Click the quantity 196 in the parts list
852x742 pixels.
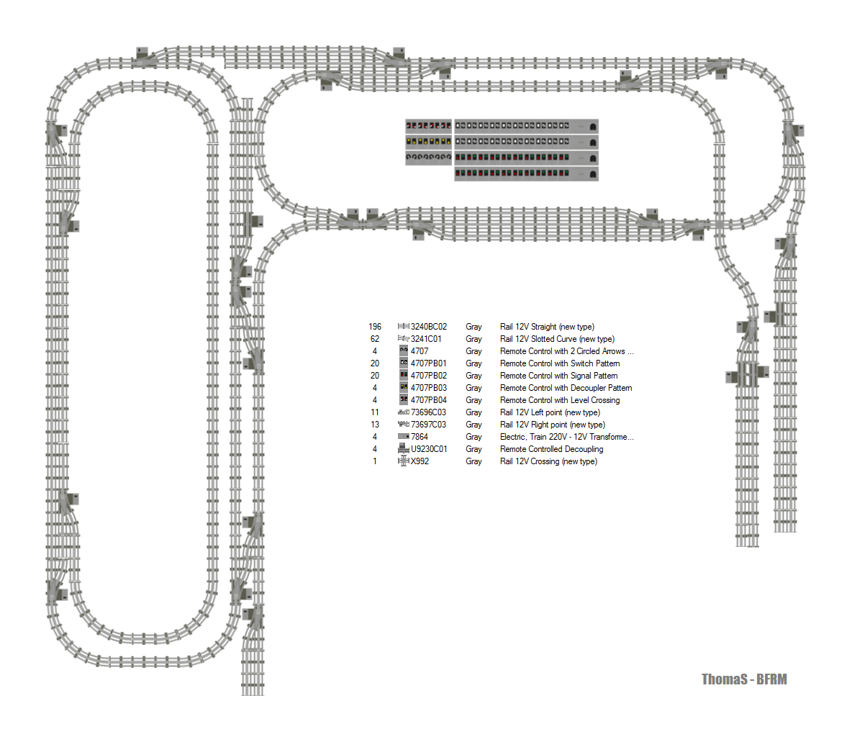point(375,327)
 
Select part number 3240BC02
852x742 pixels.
point(428,327)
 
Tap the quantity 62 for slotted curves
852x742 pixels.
point(375,339)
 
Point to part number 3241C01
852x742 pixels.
point(426,339)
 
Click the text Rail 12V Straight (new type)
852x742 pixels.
point(547,327)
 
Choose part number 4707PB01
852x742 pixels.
point(428,363)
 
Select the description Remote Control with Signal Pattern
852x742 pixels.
point(558,376)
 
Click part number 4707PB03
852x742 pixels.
point(428,388)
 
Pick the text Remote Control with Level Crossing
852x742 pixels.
point(559,400)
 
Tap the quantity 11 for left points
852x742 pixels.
point(375,412)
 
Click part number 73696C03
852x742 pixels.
point(428,412)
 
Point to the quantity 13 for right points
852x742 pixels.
point(375,425)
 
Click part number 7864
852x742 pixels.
point(419,437)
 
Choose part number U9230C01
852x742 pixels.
point(429,449)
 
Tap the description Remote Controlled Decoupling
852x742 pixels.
point(551,449)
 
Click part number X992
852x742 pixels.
point(420,461)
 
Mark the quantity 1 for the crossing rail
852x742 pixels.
point(375,461)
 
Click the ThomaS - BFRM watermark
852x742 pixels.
point(744,679)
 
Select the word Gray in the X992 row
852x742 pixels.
point(473,461)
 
